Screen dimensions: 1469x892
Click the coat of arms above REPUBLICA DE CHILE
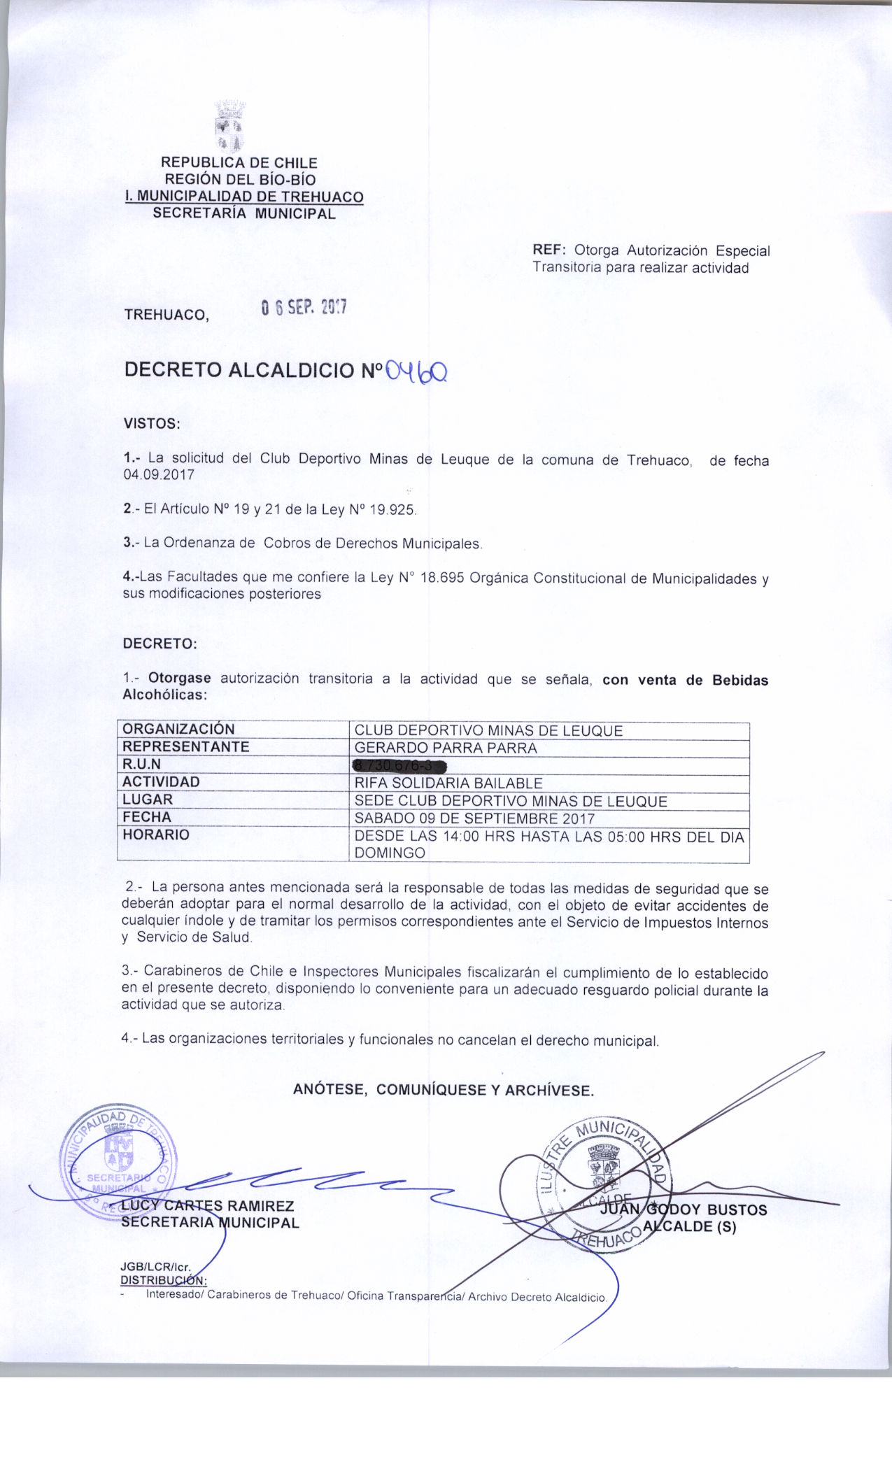coord(228,127)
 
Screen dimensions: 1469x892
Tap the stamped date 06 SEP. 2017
coord(303,308)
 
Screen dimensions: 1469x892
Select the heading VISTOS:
coord(152,424)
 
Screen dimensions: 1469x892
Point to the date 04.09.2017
coord(159,475)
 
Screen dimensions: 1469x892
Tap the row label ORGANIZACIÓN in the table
coord(178,730)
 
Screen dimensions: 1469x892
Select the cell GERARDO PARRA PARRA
coord(446,748)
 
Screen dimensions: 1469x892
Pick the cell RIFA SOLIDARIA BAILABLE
coord(448,783)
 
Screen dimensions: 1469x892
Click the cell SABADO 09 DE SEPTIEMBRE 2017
coord(474,818)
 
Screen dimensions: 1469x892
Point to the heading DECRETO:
coord(160,644)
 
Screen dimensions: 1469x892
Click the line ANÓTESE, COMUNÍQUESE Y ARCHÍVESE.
coord(444,1090)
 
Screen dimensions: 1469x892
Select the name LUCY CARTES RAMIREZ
coord(207,1206)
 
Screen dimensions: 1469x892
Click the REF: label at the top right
coord(550,250)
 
